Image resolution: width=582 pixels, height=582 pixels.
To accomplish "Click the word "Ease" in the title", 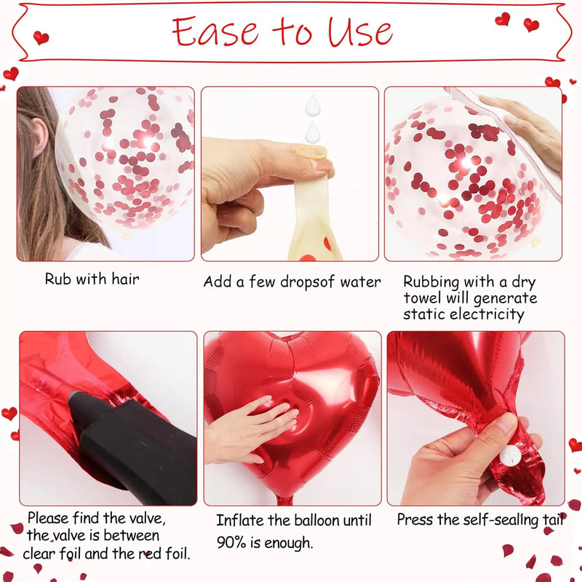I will coord(217,31).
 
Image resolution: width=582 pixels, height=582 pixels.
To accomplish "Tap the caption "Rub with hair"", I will coord(92,279).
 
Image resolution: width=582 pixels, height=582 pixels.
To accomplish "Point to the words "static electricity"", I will coord(463,314).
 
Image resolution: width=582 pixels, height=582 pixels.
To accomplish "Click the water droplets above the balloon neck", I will coord(313,120).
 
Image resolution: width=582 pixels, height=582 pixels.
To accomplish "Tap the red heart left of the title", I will coord(41,37).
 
